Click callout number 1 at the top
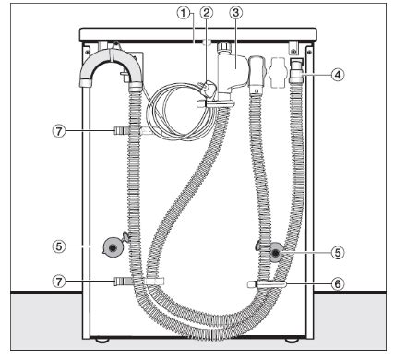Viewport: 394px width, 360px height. pyautogui.click(x=184, y=12)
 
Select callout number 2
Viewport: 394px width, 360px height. pyautogui.click(x=207, y=12)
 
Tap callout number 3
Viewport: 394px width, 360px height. pyautogui.click(x=236, y=12)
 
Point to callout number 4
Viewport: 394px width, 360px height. pyautogui.click(x=338, y=75)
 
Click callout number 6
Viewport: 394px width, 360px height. pyautogui.click(x=338, y=284)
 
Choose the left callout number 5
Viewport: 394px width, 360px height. pyautogui.click(x=59, y=246)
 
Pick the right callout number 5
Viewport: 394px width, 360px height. pyautogui.click(x=338, y=252)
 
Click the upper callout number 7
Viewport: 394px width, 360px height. pyautogui.click(x=59, y=131)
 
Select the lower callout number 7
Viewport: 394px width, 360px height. pyautogui.click(x=59, y=281)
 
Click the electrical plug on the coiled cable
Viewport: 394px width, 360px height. pyautogui.click(x=208, y=87)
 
